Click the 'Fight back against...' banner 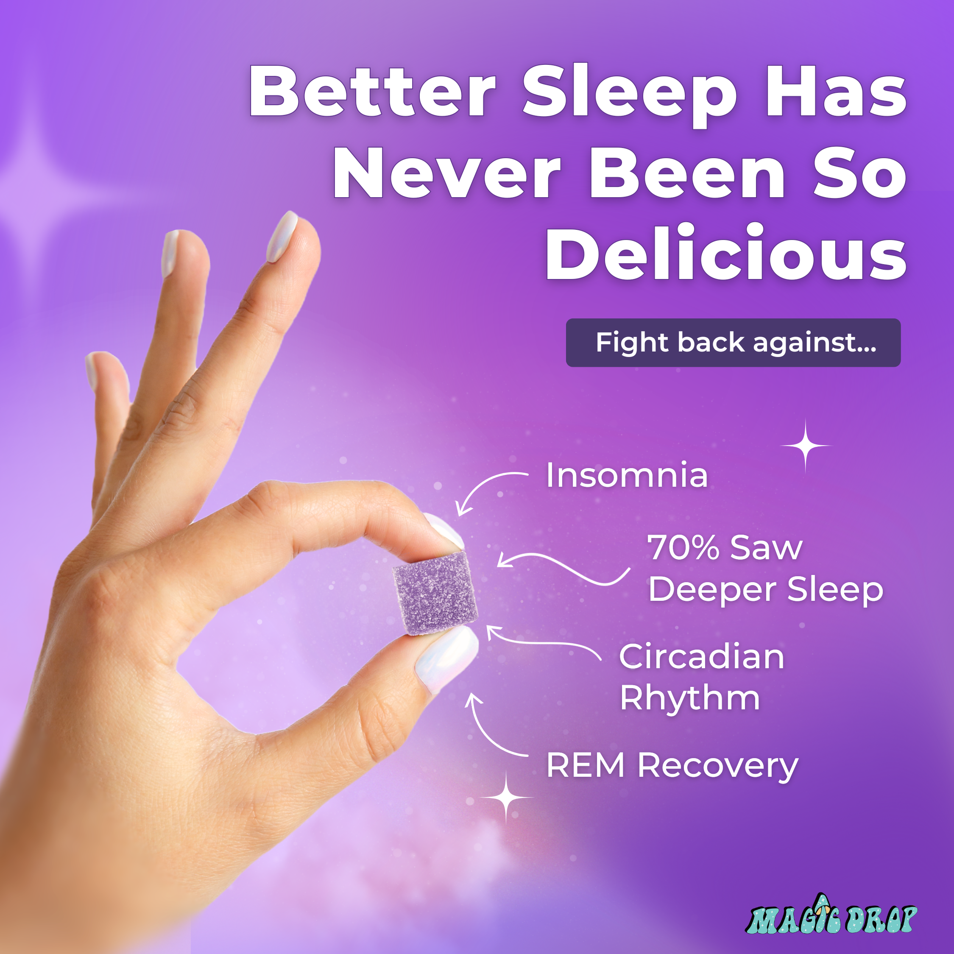click(733, 343)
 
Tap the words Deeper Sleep click(766, 590)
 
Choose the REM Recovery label click(672, 766)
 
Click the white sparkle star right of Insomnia click(805, 446)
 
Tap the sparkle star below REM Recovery click(506, 798)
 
